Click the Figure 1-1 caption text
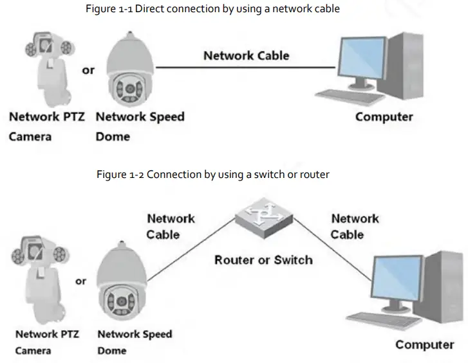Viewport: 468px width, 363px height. pyautogui.click(x=213, y=8)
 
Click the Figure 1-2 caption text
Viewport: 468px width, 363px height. pyautogui.click(x=213, y=174)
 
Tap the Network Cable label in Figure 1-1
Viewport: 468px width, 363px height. pyautogui.click(x=246, y=55)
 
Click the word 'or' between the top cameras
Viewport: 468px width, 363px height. pyautogui.click(x=88, y=70)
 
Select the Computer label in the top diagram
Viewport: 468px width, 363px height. pyautogui.click(x=384, y=117)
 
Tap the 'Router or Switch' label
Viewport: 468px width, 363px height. pyautogui.click(x=263, y=260)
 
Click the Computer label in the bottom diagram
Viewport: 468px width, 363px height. pyautogui.click(x=424, y=345)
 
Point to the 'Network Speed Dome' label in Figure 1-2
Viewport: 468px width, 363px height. pyautogui.click(x=135, y=342)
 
